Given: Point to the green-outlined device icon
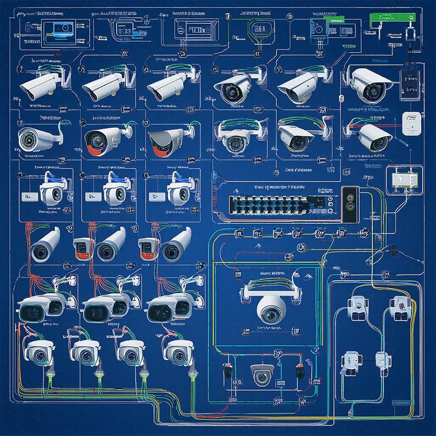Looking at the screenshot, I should pos(260,30).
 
